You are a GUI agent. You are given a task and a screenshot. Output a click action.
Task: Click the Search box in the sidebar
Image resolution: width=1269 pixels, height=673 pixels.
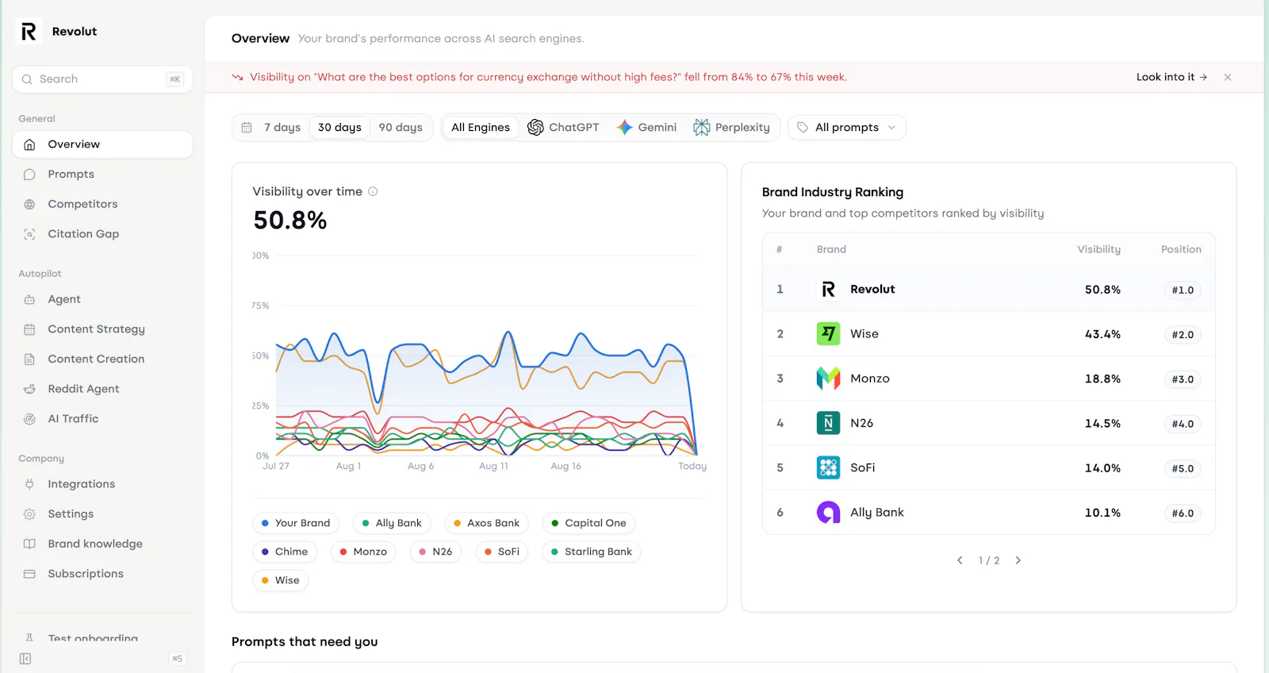pyautogui.click(x=102, y=79)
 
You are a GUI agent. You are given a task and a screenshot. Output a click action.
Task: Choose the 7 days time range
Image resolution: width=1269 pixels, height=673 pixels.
pyautogui.click(x=282, y=128)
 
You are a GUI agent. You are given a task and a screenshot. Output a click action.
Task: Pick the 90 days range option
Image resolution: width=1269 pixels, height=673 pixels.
pyautogui.click(x=400, y=128)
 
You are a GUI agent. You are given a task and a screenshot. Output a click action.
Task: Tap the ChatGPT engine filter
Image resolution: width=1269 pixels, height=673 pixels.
pyautogui.click(x=563, y=128)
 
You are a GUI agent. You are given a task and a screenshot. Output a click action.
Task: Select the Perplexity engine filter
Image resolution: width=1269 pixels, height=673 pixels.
pyautogui.click(x=731, y=128)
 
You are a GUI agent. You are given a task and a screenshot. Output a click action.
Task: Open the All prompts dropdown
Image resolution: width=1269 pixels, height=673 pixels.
pyautogui.click(x=846, y=128)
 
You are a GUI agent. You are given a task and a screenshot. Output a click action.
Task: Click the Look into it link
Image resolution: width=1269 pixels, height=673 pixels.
pyautogui.click(x=1171, y=77)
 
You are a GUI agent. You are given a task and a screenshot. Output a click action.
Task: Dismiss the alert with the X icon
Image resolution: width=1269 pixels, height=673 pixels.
pyautogui.click(x=1228, y=77)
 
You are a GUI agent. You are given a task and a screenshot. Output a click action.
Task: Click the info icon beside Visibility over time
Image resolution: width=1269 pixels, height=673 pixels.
pyautogui.click(x=373, y=191)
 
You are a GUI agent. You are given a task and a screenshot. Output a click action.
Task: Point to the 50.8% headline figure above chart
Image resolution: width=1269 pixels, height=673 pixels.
pyautogui.click(x=290, y=221)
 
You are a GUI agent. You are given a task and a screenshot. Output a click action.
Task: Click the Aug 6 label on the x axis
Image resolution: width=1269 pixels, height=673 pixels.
pyautogui.click(x=420, y=466)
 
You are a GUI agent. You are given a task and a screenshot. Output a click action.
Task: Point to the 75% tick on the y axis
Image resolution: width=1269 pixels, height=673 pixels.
pyautogui.click(x=261, y=306)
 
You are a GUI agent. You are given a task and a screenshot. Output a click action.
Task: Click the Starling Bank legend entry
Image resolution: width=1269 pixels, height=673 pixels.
pyautogui.click(x=591, y=552)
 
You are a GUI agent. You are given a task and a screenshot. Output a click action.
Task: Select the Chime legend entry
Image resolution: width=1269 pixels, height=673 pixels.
pyautogui.click(x=285, y=552)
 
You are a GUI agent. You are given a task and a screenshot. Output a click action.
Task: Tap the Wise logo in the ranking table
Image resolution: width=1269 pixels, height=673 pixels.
pyautogui.click(x=828, y=334)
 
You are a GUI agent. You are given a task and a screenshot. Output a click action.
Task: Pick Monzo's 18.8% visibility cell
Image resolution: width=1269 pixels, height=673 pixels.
pyautogui.click(x=1102, y=379)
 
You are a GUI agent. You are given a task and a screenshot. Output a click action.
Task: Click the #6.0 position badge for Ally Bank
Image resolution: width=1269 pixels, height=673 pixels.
pyautogui.click(x=1183, y=513)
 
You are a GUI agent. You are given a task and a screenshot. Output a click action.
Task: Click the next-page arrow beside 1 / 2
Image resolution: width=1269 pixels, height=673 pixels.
pyautogui.click(x=1018, y=560)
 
